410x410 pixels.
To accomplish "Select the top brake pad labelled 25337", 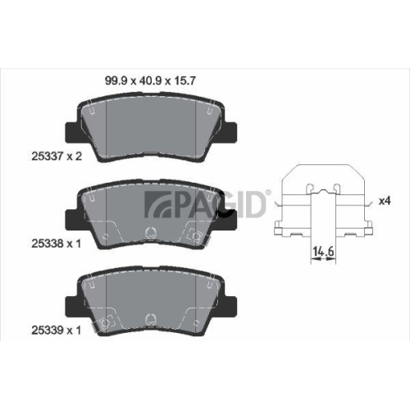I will (x=152, y=126).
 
